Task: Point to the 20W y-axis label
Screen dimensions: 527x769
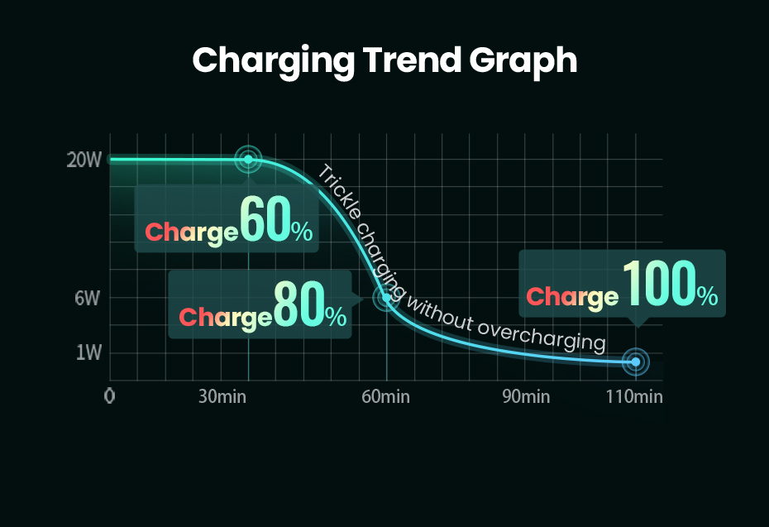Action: [x=84, y=160]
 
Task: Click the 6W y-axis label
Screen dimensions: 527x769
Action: [x=87, y=299]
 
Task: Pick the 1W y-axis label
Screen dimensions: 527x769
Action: [x=88, y=353]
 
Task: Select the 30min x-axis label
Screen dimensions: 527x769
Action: [x=222, y=396]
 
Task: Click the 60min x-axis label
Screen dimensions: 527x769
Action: [x=385, y=396]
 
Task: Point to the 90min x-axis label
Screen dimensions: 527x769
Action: [x=526, y=396]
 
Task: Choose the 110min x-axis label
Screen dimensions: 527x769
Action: [x=634, y=396]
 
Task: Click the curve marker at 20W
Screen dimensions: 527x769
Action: [x=248, y=159]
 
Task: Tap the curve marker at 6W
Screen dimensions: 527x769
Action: [x=385, y=298]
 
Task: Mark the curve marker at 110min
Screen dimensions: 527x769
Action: [x=635, y=362]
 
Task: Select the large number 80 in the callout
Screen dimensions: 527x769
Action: [x=298, y=305]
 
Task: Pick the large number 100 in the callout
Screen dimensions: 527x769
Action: [x=657, y=285]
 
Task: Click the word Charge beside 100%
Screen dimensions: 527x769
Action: [x=572, y=297]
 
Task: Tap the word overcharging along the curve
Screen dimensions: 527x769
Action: [x=542, y=333]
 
